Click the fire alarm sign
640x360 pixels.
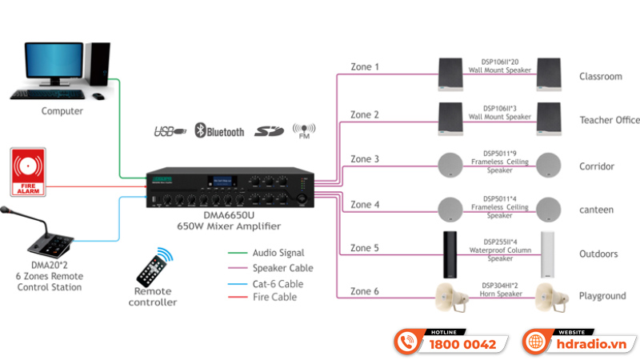point(30,171)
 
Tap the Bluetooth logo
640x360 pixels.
point(220,130)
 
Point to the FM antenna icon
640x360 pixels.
point(304,130)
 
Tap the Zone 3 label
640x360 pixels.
point(365,159)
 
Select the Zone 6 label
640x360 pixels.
point(365,291)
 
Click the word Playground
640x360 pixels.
point(602,296)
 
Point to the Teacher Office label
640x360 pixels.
point(610,120)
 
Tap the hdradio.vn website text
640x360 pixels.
point(593,345)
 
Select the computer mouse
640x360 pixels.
point(98,96)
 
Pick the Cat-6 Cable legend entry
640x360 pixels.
point(278,283)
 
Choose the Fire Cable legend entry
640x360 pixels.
point(274,297)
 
